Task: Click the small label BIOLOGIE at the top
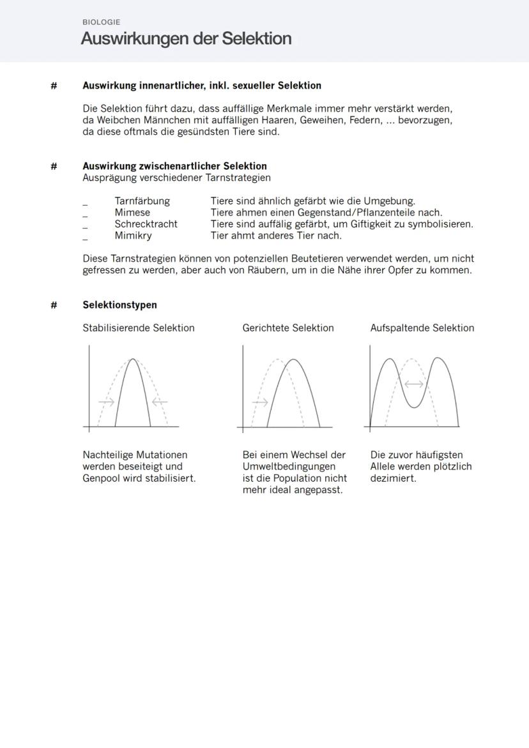click(101, 22)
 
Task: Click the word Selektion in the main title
click(256, 39)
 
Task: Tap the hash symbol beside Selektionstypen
click(54, 305)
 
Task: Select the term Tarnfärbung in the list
click(142, 201)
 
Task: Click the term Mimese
click(132, 212)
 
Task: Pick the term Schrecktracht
click(146, 224)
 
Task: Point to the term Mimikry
click(133, 235)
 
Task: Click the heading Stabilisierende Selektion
click(138, 328)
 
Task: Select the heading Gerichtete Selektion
click(287, 328)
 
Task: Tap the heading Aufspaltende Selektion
click(422, 328)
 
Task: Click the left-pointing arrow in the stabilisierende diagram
click(159, 402)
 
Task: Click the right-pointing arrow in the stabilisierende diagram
click(106, 402)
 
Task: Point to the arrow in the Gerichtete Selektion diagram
click(260, 402)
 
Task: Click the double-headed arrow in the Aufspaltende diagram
click(414, 384)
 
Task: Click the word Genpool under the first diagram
click(102, 478)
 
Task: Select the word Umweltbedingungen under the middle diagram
click(289, 466)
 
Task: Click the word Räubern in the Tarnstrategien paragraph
click(267, 270)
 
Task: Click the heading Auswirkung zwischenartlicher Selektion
click(174, 166)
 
